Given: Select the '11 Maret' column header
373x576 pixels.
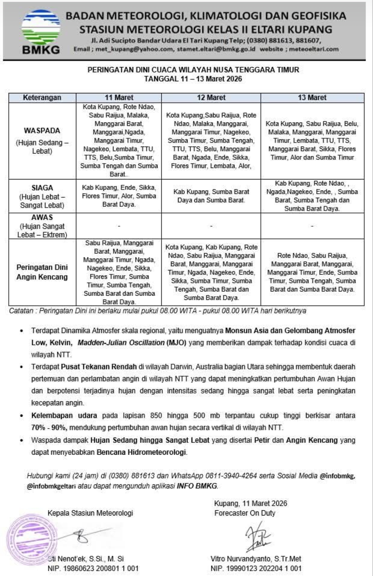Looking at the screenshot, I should (x=119, y=98).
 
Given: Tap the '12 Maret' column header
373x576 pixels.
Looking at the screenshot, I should (x=211, y=98).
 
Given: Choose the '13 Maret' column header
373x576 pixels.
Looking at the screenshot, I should (x=312, y=98).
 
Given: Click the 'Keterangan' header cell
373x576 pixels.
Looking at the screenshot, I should (x=42, y=98).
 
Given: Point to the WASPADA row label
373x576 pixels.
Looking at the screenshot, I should (x=42, y=131).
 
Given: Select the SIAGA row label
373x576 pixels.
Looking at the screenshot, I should (x=42, y=188).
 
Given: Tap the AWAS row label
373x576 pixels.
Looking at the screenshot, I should (x=42, y=217).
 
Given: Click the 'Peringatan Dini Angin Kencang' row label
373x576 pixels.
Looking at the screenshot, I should (x=42, y=272).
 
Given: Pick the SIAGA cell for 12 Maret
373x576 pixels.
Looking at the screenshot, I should (x=211, y=196).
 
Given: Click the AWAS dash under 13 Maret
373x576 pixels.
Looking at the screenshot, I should (x=312, y=226).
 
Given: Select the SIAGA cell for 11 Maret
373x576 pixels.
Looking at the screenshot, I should (x=119, y=196).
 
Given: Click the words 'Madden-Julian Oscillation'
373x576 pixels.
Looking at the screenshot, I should (x=121, y=343).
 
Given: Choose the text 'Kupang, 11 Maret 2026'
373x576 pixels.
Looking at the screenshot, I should (x=250, y=503).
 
